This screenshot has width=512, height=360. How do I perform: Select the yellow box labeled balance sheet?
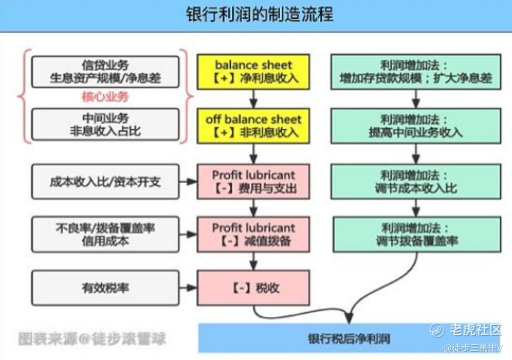click(253, 71)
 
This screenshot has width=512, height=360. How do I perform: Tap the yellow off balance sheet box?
click(253, 125)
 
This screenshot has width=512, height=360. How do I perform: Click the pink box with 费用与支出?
click(253, 181)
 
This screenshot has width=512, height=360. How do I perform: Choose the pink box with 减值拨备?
click(253, 234)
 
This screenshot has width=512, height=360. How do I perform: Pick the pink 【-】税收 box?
click(253, 288)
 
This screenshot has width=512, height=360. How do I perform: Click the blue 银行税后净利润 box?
click(349, 338)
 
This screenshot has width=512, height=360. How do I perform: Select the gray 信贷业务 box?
click(105, 71)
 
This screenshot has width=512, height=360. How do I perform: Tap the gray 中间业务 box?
click(105, 124)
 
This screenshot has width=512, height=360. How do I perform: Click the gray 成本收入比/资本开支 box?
click(105, 181)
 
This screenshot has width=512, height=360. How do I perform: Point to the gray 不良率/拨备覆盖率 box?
click(105, 234)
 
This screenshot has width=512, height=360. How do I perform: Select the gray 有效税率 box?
click(105, 288)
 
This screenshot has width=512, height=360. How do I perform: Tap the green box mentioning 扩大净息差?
click(416, 71)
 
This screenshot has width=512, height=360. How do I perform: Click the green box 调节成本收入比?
click(416, 181)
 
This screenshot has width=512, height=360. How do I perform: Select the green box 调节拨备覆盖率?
click(416, 234)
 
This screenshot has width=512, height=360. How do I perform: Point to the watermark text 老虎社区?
click(475, 329)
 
